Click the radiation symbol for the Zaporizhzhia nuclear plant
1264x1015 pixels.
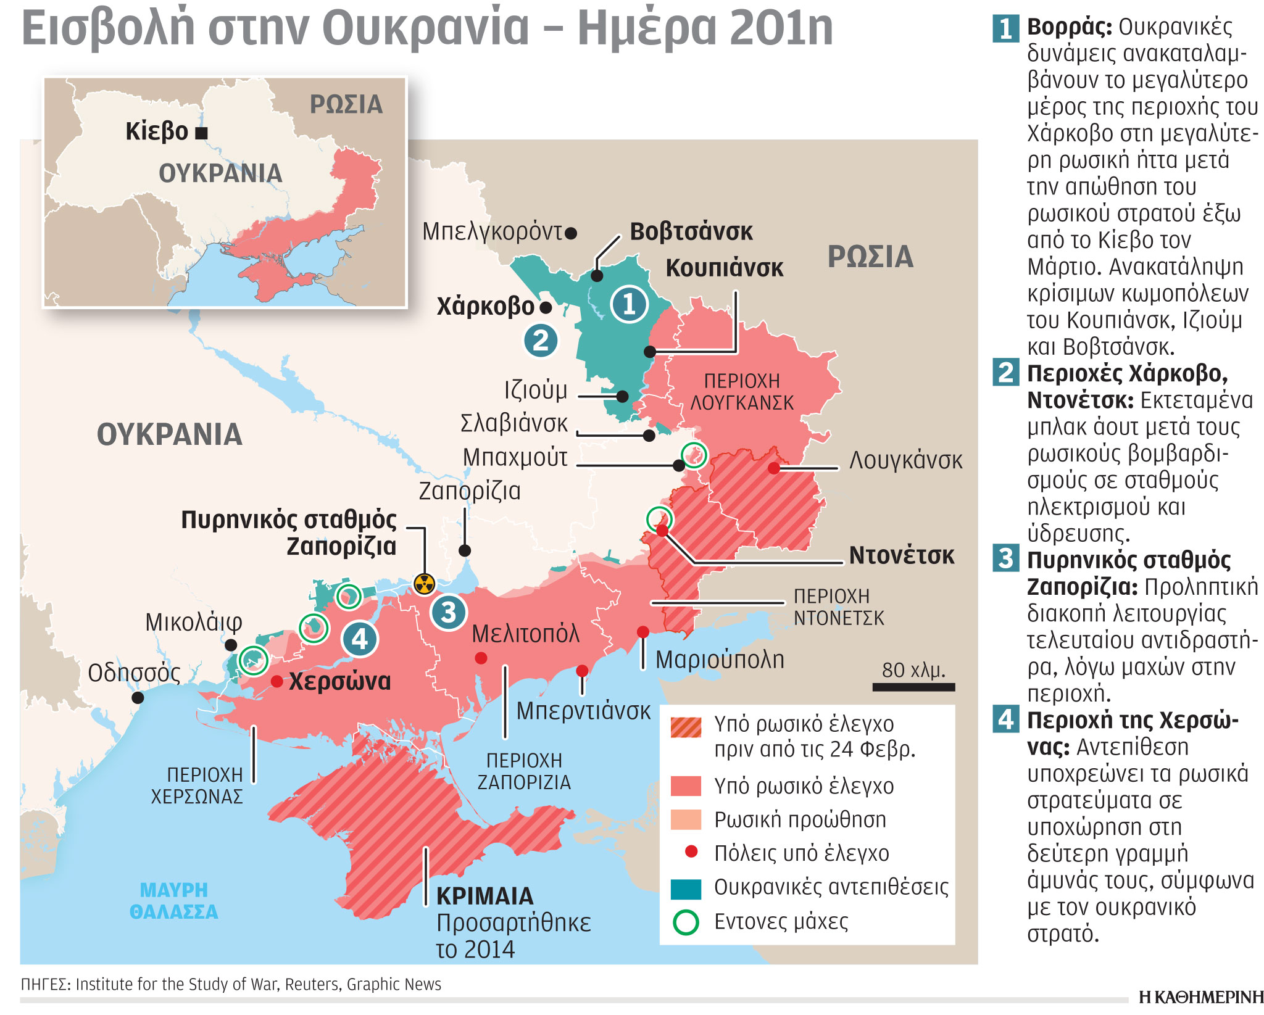pos(424,583)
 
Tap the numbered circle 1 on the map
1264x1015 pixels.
pos(629,304)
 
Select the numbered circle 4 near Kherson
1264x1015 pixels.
pos(359,639)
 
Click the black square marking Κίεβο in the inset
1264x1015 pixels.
pos(201,132)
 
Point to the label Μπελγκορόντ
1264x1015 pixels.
pos(492,232)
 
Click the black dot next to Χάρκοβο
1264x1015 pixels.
pos(545,307)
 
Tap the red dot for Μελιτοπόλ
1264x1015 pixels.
pos(481,658)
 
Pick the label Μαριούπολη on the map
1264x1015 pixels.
pos(720,660)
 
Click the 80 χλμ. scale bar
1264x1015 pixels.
pos(913,687)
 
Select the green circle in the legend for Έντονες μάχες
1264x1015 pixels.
pos(686,922)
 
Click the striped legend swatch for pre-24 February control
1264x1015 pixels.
pos(686,727)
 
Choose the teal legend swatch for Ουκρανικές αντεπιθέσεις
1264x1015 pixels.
pos(686,889)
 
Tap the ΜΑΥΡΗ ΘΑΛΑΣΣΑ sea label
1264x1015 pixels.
pos(173,901)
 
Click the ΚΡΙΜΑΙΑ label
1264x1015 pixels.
pos(484,896)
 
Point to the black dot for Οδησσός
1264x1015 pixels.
pos(138,698)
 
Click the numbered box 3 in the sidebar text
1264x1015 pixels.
pos(1006,558)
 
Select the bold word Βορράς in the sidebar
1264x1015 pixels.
pos(1069,27)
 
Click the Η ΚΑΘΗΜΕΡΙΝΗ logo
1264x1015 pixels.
pos(1200,997)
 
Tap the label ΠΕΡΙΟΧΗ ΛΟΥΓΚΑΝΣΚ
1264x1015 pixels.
pos(742,392)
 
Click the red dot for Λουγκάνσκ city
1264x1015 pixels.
pos(774,468)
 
